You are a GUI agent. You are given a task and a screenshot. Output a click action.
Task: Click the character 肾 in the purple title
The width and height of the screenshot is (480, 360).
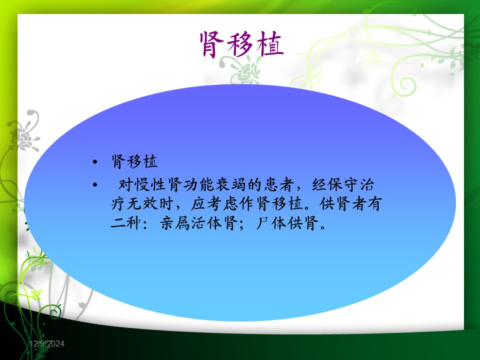(211, 44)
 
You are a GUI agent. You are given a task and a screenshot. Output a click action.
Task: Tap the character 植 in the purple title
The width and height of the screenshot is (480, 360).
(270, 44)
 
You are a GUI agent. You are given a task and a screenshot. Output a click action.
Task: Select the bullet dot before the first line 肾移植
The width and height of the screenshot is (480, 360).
(95, 161)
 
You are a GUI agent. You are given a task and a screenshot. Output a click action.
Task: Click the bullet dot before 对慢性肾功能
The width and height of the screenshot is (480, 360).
(95, 184)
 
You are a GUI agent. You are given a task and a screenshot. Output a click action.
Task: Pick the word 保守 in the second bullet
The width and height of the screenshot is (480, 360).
(342, 184)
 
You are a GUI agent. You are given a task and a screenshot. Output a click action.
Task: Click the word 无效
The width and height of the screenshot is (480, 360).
(142, 203)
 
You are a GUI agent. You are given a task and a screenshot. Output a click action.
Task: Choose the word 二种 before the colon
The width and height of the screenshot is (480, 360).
(126, 223)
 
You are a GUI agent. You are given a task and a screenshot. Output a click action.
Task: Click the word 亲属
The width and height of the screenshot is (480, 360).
(175, 223)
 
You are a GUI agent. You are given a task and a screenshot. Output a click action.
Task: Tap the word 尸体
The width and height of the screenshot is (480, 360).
(271, 223)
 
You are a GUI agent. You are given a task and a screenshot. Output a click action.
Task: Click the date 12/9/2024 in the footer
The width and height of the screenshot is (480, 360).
(47, 344)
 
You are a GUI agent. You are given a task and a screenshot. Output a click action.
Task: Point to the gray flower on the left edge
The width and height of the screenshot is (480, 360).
(24, 131)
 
